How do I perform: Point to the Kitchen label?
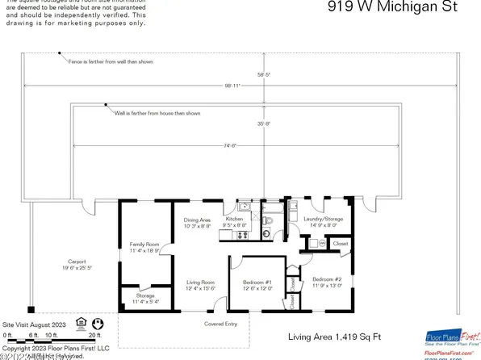click(x=234, y=220)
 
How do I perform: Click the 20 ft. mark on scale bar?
click(x=94, y=334)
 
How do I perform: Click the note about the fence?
click(x=111, y=61)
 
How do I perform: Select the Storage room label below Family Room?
click(x=145, y=296)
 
